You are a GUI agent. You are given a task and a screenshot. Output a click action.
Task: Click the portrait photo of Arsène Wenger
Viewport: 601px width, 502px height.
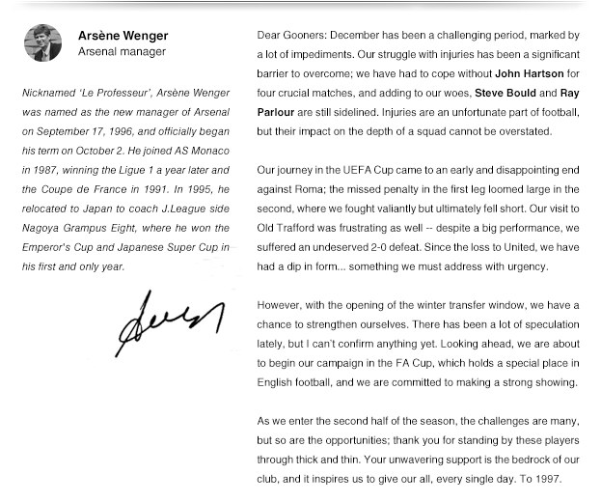pyautogui.click(x=43, y=44)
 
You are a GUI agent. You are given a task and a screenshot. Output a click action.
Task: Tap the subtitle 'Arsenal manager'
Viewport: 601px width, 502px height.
pyautogui.click(x=122, y=52)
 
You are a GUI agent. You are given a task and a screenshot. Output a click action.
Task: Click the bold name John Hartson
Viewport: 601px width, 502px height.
pyautogui.click(x=529, y=73)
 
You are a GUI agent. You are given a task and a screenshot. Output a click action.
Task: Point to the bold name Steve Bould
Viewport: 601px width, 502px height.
pyautogui.click(x=504, y=93)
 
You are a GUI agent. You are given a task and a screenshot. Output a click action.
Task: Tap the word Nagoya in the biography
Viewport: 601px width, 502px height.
pyautogui.click(x=40, y=229)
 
